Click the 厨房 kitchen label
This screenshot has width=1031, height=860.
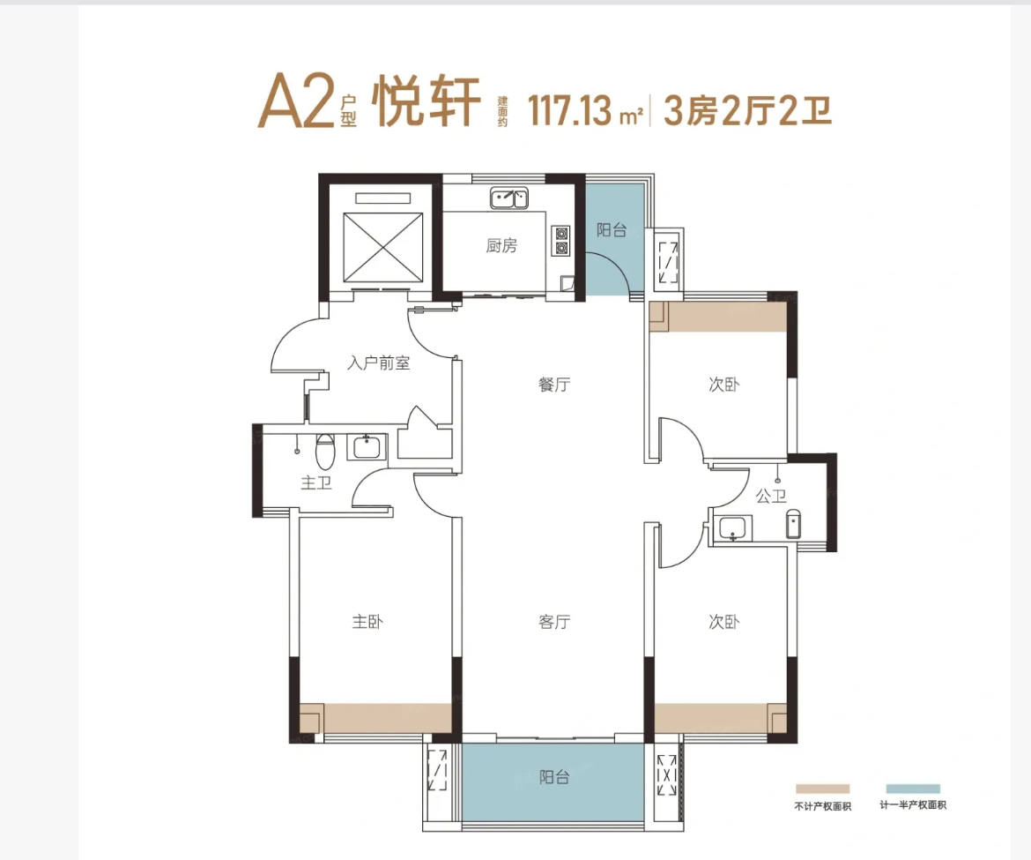click(501, 245)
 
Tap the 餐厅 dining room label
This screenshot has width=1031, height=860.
click(554, 385)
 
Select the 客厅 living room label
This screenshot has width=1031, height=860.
click(554, 622)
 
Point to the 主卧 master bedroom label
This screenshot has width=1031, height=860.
click(367, 622)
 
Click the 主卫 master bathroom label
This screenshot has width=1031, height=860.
click(316, 482)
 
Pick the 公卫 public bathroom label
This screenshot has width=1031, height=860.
click(771, 496)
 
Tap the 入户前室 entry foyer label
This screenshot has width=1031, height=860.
click(379, 363)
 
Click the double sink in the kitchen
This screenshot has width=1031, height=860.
click(509, 198)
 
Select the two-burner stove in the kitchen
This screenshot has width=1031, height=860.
click(561, 240)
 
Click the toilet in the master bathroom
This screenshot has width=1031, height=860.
click(325, 451)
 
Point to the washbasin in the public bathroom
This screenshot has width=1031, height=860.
click(732, 528)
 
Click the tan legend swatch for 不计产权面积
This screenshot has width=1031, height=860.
click(822, 789)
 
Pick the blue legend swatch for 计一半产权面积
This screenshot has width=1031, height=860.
click(913, 789)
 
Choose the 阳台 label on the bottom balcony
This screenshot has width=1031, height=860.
click(554, 777)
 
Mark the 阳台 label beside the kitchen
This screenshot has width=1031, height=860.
click(612, 229)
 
